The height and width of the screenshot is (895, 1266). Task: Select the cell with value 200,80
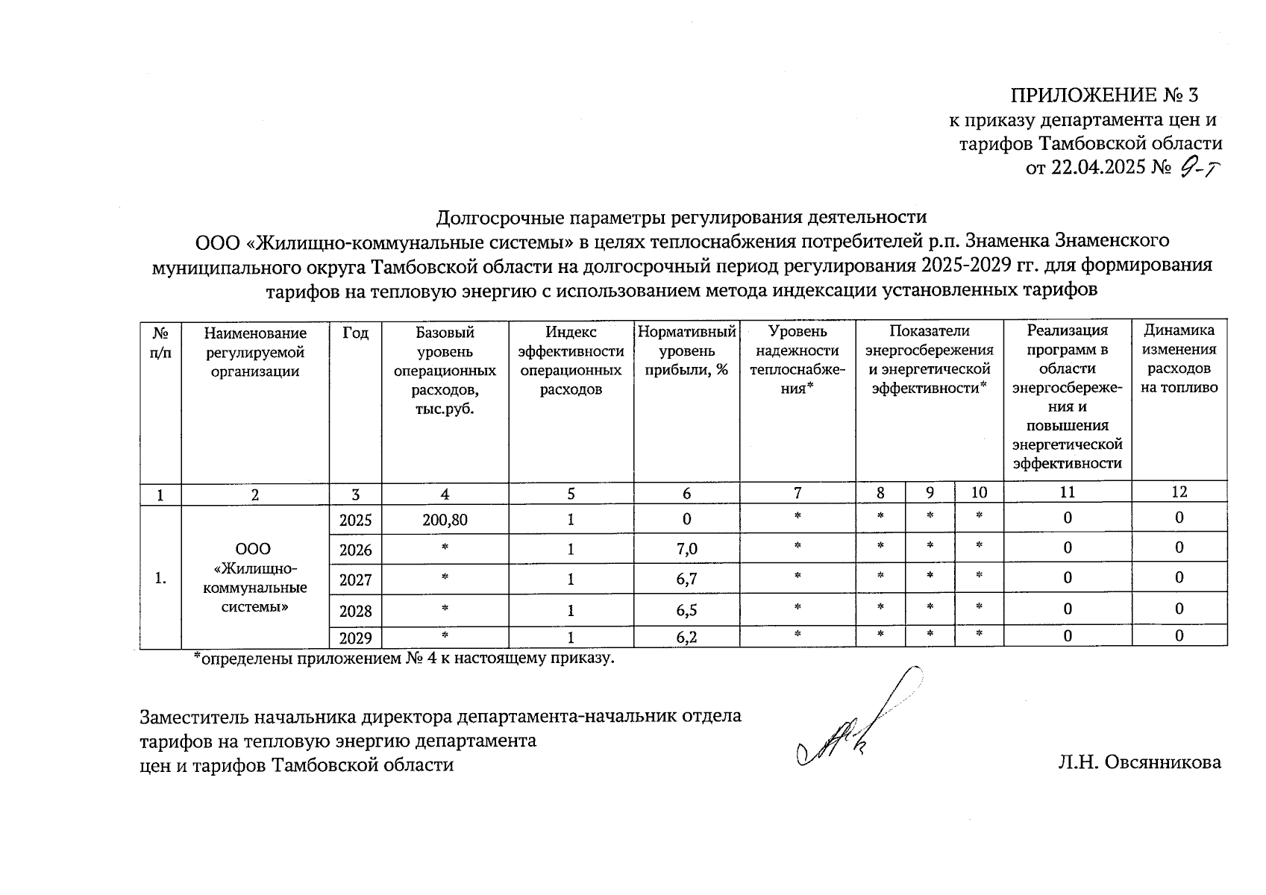tap(445, 520)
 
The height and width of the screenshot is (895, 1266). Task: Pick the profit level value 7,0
tap(686, 550)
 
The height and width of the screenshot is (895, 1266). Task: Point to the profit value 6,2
tap(686, 637)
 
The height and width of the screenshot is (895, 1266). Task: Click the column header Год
tap(355, 333)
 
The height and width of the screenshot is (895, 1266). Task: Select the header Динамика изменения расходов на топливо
tap(1179, 359)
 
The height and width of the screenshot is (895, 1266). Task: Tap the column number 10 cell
tap(979, 492)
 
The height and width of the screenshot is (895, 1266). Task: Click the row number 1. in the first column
tap(160, 578)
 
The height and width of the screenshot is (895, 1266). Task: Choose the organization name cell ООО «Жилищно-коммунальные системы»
tap(255, 578)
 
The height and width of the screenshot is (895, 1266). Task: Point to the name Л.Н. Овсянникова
tap(1139, 762)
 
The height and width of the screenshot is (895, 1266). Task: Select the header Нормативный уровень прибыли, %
tap(686, 351)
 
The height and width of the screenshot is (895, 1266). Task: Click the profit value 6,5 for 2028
tap(686, 610)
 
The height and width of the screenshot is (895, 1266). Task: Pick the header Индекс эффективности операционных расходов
tap(571, 360)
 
